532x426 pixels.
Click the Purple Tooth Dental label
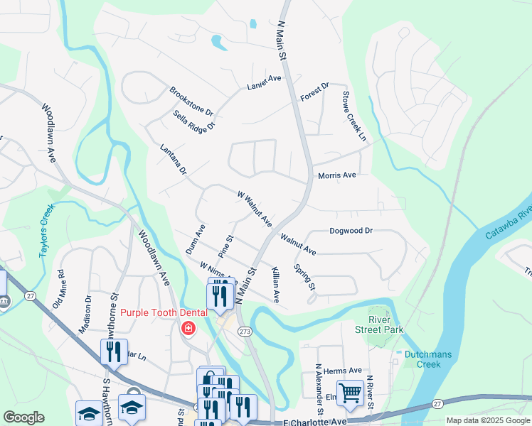(x=164, y=312)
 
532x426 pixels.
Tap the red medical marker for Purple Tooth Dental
(x=188, y=328)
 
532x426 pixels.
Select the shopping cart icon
(x=349, y=392)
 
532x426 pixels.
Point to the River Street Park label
(x=385, y=325)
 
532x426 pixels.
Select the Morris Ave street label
(x=337, y=175)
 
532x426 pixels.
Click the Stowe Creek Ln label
(x=354, y=115)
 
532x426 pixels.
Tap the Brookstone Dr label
(x=191, y=101)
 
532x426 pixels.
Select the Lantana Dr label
(x=173, y=160)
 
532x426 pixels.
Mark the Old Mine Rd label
(x=58, y=288)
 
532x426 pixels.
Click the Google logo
(x=23, y=417)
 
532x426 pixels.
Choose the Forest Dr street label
(x=314, y=92)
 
